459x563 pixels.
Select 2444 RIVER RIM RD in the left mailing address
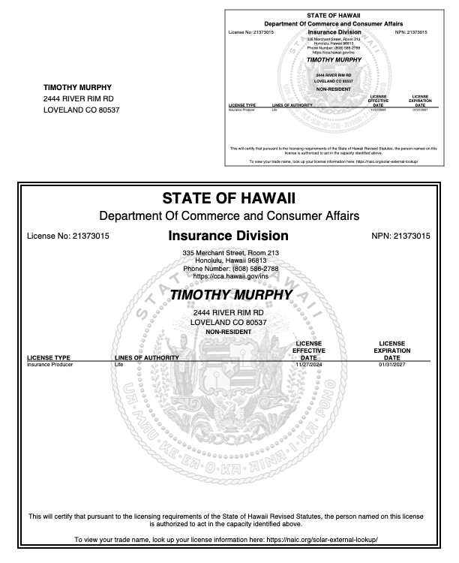pyautogui.click(x=79, y=98)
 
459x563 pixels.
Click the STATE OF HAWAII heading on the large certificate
pyautogui.click(x=229, y=199)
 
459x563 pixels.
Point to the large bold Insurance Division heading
pyautogui.click(x=229, y=236)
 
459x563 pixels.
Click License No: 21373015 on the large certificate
pyautogui.click(x=68, y=236)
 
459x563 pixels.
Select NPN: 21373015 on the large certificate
pyautogui.click(x=400, y=236)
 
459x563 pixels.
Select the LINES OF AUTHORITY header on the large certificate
pyautogui.click(x=146, y=357)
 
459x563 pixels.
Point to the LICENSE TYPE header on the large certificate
pyautogui.click(x=49, y=357)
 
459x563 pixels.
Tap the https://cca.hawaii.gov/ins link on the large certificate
pyautogui.click(x=229, y=276)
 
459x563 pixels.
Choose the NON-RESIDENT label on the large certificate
pyautogui.click(x=229, y=331)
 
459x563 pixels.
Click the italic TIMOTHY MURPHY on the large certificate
pyautogui.click(x=229, y=295)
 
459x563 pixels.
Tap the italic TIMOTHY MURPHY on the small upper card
pyautogui.click(x=329, y=60)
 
